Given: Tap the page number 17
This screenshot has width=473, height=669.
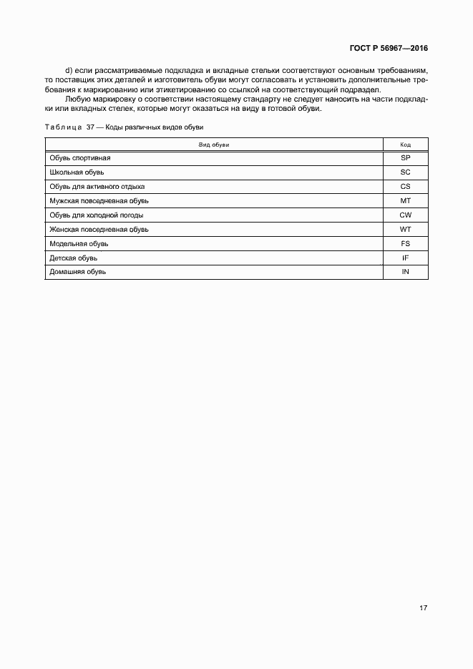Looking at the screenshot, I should pyautogui.click(x=423, y=607).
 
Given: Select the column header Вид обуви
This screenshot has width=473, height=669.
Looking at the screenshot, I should pyautogui.click(x=213, y=145).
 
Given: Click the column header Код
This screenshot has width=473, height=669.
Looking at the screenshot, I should pyautogui.click(x=405, y=145).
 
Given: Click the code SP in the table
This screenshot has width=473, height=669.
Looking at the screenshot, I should pyautogui.click(x=405, y=157).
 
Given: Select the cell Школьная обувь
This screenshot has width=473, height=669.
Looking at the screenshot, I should pyautogui.click(x=77, y=172).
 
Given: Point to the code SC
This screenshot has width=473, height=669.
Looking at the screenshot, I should pyautogui.click(x=405, y=172).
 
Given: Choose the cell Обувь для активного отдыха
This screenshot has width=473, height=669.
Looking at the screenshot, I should pyautogui.click(x=97, y=186).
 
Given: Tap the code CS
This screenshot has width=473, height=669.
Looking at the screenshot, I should pyautogui.click(x=405, y=186).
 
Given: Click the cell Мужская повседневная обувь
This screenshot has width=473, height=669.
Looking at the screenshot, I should pyautogui.click(x=99, y=200).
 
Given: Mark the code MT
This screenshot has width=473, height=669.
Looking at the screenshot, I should pyautogui.click(x=405, y=200).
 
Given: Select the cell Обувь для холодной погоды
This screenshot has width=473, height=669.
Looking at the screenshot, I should pyautogui.click(x=96, y=215).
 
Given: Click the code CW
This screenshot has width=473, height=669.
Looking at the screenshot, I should pyautogui.click(x=405, y=215).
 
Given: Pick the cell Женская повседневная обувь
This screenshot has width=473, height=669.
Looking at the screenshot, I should pyautogui.click(x=99, y=229).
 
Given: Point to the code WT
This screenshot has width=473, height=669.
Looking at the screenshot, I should pyautogui.click(x=405, y=229).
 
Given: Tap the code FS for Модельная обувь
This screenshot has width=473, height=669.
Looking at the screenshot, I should pyautogui.click(x=405, y=243).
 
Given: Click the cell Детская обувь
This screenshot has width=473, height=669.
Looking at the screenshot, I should pyautogui.click(x=73, y=258).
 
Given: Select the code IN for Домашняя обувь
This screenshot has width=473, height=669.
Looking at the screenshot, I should pyautogui.click(x=405, y=272).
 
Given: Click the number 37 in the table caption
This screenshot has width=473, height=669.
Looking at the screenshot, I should pyautogui.click(x=90, y=127).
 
